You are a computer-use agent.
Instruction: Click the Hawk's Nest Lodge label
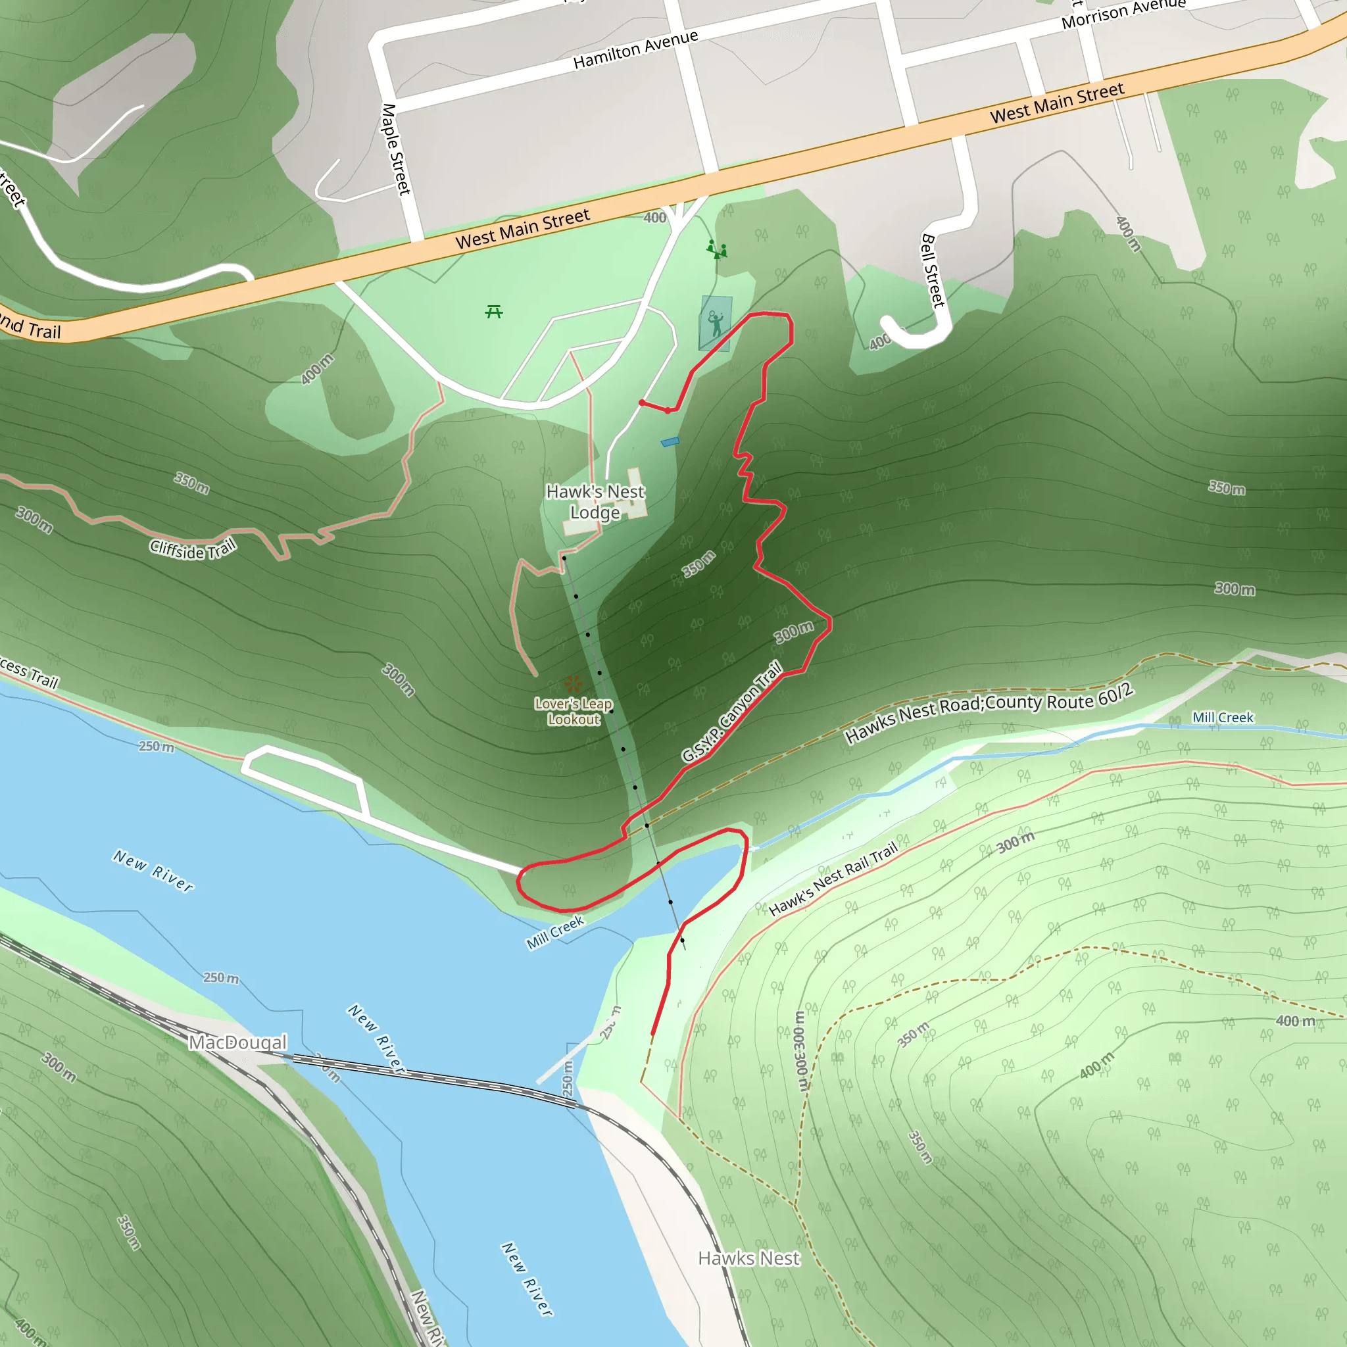[595, 502]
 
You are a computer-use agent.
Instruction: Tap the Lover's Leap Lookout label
[573, 712]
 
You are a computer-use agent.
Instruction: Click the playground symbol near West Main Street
[717, 249]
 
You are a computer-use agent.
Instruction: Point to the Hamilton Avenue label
[635, 49]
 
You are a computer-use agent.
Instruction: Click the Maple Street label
[396, 149]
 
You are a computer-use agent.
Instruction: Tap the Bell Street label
[933, 270]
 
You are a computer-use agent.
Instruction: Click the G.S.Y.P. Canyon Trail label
[732, 712]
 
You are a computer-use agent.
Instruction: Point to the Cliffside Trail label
[193, 549]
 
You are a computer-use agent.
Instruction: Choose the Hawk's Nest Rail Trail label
[834, 879]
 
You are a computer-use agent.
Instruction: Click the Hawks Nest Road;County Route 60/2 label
[988, 714]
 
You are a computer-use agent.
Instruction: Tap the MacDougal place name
[237, 1042]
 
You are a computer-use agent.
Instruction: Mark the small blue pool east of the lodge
[670, 441]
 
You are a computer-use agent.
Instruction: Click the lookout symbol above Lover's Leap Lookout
[573, 683]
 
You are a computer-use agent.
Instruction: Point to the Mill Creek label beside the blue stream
[1222, 718]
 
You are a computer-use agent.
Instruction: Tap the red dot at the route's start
[641, 403]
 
